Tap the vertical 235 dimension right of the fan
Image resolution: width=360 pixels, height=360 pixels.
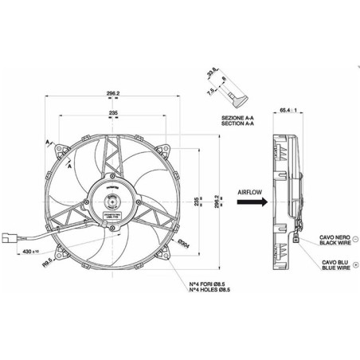198,202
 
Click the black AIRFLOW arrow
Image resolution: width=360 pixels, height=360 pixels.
252,203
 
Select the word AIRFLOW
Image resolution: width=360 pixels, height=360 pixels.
252,191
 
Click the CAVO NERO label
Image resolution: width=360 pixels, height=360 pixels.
335,236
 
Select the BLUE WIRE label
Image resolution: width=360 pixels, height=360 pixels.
335,268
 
